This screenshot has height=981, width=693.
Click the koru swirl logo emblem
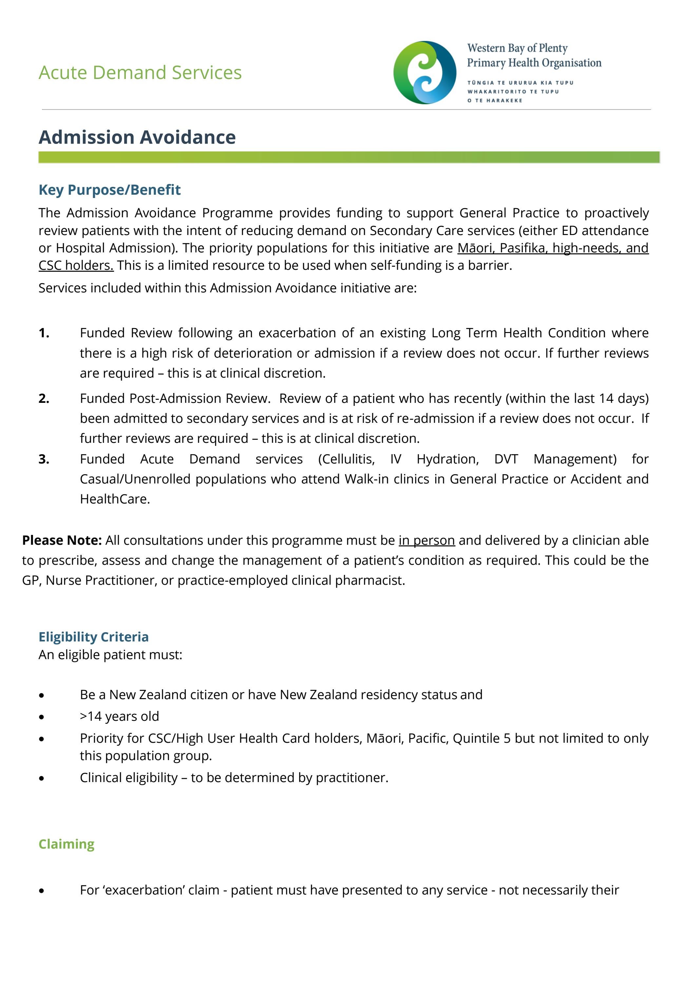(424, 73)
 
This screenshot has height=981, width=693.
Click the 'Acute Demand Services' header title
(140, 73)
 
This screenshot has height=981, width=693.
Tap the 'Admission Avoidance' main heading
(137, 137)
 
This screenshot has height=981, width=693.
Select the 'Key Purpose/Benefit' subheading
(109, 190)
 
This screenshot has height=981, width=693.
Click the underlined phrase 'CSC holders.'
(76, 265)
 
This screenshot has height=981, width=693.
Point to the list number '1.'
(44, 333)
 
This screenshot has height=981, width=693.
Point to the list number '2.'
(44, 398)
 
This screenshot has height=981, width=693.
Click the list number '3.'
(44, 459)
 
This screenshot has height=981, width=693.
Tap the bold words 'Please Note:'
(62, 540)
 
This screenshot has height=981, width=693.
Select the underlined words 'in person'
(426, 540)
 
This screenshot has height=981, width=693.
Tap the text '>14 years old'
(119, 716)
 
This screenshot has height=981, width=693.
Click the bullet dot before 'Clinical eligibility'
(41, 778)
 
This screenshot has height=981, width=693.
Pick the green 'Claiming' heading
(67, 844)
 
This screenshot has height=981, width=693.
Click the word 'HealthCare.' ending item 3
(115, 499)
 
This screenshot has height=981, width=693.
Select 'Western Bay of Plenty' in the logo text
(517, 48)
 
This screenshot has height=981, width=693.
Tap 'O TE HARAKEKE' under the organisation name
(495, 100)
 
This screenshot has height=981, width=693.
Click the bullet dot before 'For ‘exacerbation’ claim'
(41, 891)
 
